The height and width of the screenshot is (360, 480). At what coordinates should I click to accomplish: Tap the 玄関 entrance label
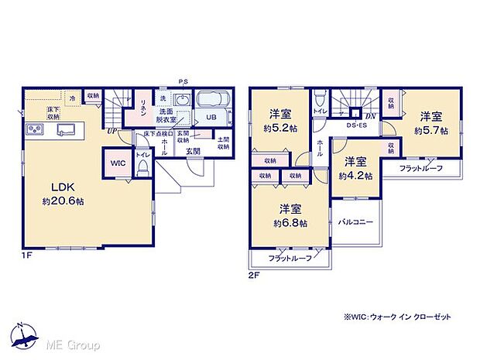[x=194, y=152]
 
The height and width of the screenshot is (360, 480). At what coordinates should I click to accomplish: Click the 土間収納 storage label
[x=223, y=144]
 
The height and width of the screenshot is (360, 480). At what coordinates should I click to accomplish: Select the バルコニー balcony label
[x=357, y=222]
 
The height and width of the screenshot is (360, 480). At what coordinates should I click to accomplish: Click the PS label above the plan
[x=183, y=81]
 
